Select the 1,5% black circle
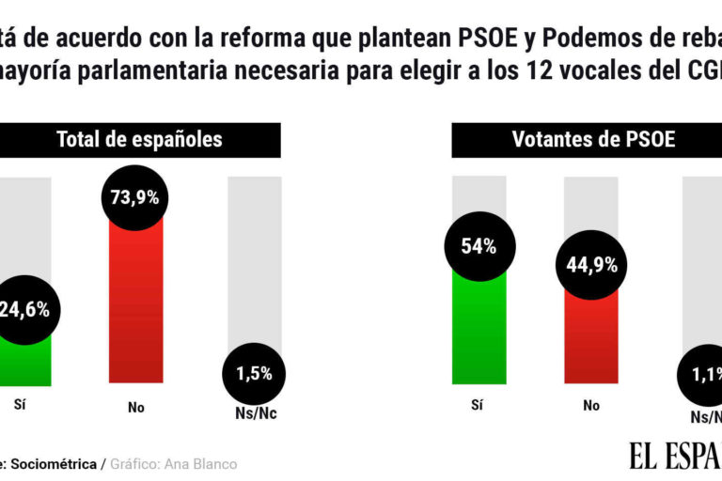(254, 373)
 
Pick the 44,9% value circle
(590, 265)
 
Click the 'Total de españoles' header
(139, 140)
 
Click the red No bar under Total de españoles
(135, 310)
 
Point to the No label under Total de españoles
(135, 408)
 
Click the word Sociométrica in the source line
(58, 464)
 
